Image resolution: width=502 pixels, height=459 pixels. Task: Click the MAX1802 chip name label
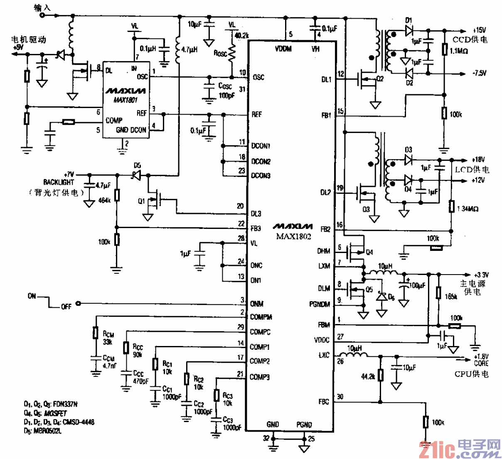(293, 236)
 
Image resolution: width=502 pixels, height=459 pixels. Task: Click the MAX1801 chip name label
(125, 100)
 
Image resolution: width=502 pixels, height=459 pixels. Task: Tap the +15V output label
(479, 30)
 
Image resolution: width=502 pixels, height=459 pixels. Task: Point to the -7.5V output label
(479, 73)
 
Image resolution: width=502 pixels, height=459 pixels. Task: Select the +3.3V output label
(481, 275)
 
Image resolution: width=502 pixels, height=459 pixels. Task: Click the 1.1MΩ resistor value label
(459, 51)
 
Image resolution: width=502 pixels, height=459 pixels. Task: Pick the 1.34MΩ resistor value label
(468, 209)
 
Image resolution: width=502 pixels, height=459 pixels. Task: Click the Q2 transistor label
(379, 79)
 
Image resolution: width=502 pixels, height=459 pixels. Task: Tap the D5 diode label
(137, 166)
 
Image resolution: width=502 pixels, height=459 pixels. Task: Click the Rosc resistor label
(220, 53)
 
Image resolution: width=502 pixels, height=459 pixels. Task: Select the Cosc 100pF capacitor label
(226, 91)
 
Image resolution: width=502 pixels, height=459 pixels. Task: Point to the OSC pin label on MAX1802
(258, 77)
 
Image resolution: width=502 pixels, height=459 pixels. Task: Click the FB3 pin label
(256, 228)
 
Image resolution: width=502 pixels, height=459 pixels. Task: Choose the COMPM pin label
(261, 317)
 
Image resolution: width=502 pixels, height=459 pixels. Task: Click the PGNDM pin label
(320, 304)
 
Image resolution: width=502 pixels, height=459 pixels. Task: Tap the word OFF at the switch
(66, 307)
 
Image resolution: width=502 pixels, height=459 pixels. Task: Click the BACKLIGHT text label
(59, 182)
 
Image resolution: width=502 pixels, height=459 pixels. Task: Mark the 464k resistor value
(104, 200)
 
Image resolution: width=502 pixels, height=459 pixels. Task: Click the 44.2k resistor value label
(368, 376)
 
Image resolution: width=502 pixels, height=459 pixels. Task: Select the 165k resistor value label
(450, 297)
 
